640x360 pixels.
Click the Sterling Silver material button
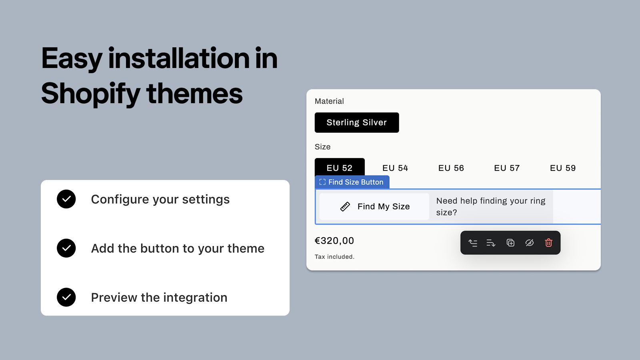(356, 122)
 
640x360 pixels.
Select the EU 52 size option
(340, 168)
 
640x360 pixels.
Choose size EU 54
(395, 168)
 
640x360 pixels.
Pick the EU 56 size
(451, 168)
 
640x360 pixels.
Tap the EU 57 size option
(507, 168)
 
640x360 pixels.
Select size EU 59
(562, 168)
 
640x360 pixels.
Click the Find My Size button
(374, 206)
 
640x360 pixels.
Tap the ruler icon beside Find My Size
(345, 206)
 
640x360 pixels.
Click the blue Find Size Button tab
(352, 182)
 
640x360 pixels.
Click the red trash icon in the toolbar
(548, 243)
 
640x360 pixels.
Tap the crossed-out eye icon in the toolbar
(529, 243)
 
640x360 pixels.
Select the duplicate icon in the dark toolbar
(510, 243)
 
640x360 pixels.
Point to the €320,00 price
(334, 241)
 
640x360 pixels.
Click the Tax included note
(334, 257)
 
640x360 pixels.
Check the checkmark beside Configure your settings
(66, 199)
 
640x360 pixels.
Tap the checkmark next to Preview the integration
(66, 297)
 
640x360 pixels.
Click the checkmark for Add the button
(66, 248)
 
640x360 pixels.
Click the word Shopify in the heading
(90, 94)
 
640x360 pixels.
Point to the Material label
(329, 101)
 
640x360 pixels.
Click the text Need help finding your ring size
(490, 206)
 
